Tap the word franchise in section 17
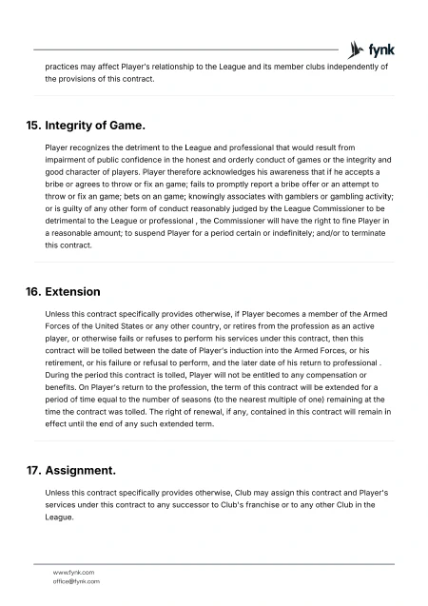267,505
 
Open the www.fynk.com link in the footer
72,571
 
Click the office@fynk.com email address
76,580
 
